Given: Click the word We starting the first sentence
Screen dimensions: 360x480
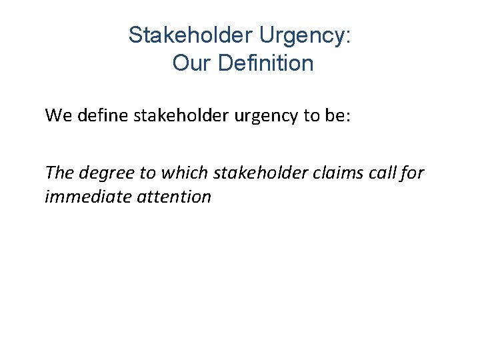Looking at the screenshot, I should (x=57, y=115).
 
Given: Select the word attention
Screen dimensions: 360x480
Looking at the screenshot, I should (x=175, y=197).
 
